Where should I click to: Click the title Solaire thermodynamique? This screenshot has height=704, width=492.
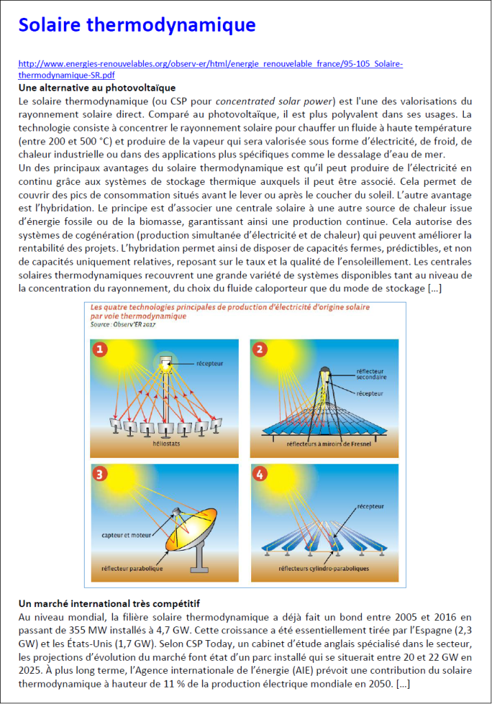point(137,25)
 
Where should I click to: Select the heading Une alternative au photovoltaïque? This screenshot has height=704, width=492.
point(97,87)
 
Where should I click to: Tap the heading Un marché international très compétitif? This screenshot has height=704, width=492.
point(109,603)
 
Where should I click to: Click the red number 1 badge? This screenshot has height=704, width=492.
point(101,350)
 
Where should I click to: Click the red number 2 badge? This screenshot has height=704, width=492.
point(260,350)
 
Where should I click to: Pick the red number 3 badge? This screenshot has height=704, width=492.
point(101,474)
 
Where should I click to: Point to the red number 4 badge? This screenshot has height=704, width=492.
point(260,474)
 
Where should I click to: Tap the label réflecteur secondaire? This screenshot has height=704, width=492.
point(371,374)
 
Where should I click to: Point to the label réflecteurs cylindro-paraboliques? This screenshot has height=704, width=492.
point(323,569)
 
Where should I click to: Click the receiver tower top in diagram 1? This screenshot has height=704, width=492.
point(165,362)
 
